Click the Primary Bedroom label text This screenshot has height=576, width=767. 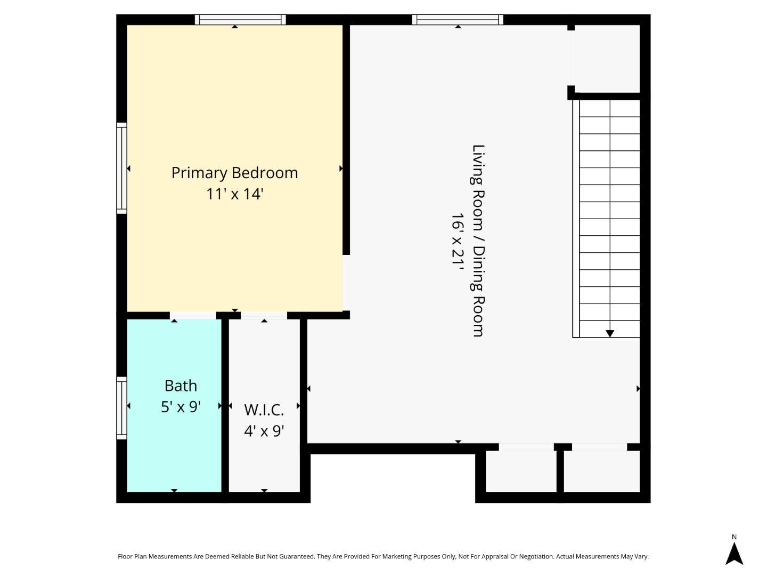[x=234, y=173]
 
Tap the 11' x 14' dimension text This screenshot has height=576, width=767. [x=234, y=194]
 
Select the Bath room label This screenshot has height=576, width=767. [x=181, y=386]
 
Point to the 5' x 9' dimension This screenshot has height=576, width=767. [x=181, y=407]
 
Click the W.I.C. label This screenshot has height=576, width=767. [x=264, y=410]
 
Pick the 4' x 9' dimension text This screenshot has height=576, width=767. [x=264, y=430]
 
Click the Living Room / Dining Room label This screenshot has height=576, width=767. [x=478, y=241]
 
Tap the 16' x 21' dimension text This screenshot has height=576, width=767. [x=458, y=241]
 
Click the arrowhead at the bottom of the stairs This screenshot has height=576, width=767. [x=610, y=333]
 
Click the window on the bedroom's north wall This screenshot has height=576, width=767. [x=240, y=20]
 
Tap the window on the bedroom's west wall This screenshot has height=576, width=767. [x=122, y=168]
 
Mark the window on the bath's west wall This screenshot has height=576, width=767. [x=122, y=408]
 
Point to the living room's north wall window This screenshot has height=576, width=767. [x=458, y=20]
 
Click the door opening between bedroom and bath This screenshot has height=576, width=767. [x=193, y=315]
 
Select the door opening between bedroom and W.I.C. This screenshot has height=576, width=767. [x=264, y=315]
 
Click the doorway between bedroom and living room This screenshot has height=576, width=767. [x=346, y=283]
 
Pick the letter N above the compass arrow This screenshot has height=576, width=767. [x=734, y=537]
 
